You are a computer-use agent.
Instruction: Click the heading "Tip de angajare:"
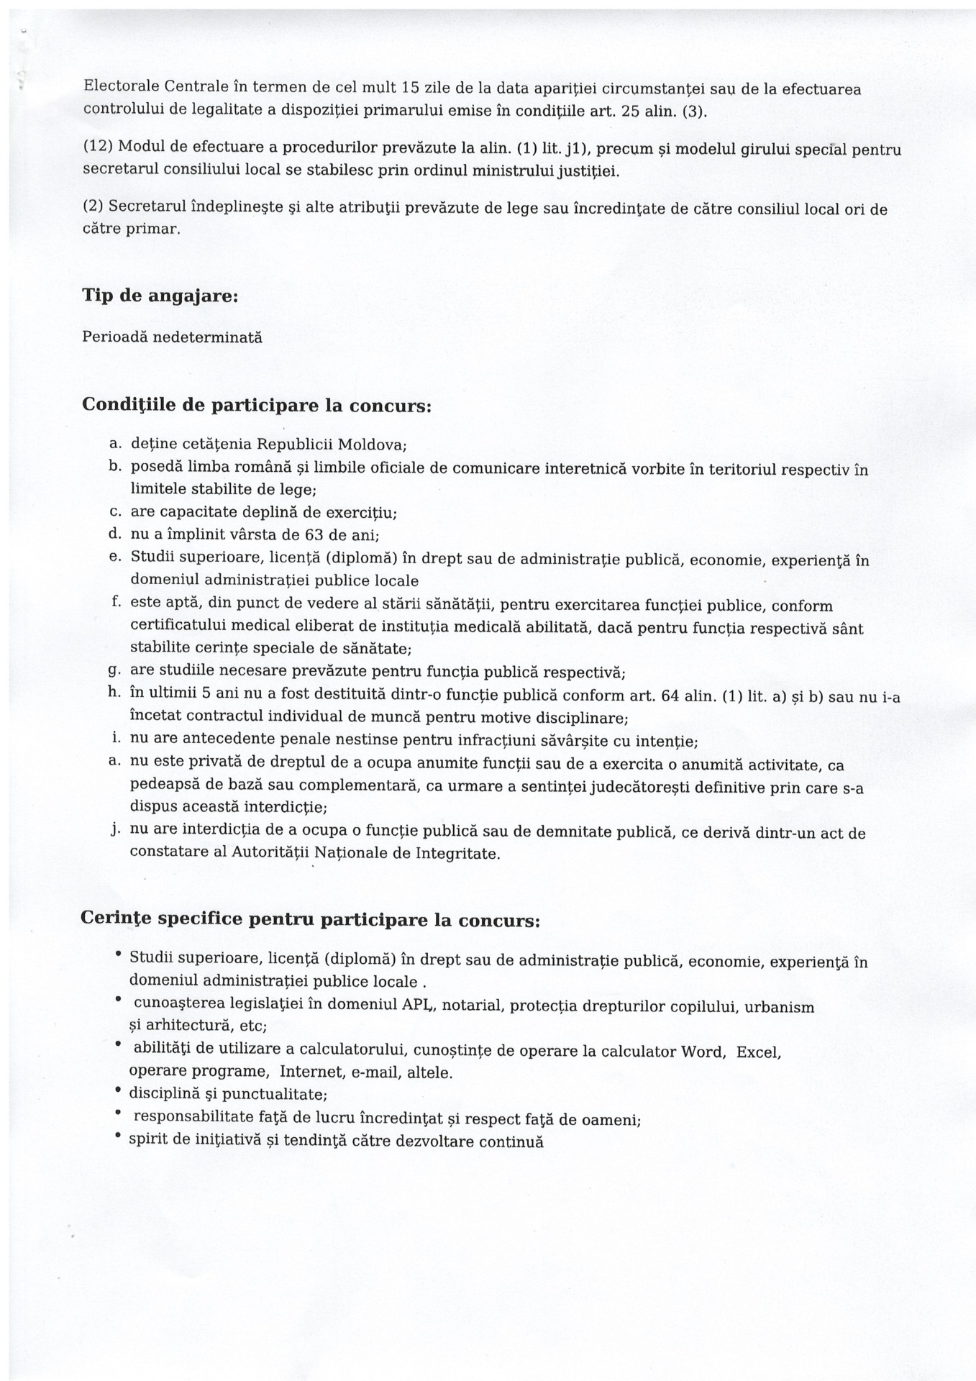pyautogui.click(x=160, y=296)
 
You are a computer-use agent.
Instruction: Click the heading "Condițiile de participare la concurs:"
pyautogui.click(x=257, y=405)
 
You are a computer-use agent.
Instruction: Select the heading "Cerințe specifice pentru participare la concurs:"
pyautogui.click(x=310, y=920)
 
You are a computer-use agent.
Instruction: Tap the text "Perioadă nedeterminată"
pyautogui.click(x=172, y=337)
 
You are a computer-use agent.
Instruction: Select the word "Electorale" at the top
pyautogui.click(x=119, y=88)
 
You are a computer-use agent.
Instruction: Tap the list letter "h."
pyautogui.click(x=114, y=693)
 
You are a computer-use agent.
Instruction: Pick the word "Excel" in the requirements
pyautogui.click(x=759, y=1052)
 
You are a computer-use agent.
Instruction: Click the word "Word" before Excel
pyautogui.click(x=702, y=1052)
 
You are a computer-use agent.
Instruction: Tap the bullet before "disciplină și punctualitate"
pyautogui.click(x=118, y=1093)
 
